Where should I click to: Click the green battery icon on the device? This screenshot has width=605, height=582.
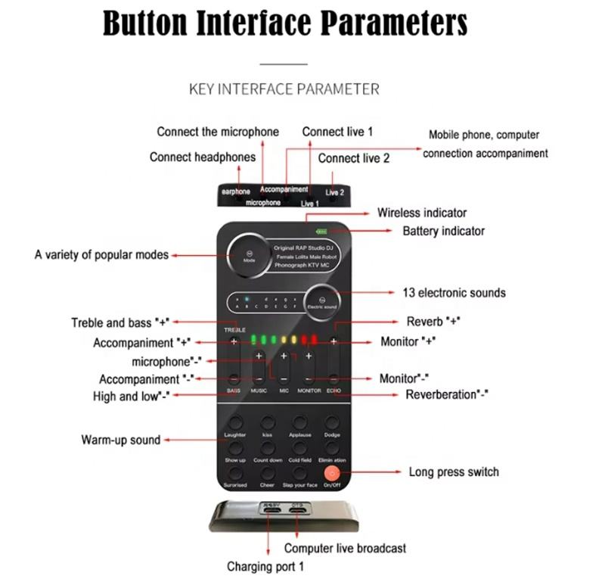322,232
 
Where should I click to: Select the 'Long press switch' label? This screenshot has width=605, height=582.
454,472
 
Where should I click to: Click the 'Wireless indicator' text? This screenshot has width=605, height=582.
422,213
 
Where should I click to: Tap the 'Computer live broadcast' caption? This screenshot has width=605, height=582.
345,548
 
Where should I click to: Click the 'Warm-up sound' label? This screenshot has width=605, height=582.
121,440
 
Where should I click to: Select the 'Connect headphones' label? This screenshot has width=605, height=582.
202,157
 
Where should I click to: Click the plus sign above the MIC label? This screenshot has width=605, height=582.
284,356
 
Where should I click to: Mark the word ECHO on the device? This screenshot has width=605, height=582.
334,391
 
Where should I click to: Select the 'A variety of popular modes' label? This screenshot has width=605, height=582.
101,255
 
